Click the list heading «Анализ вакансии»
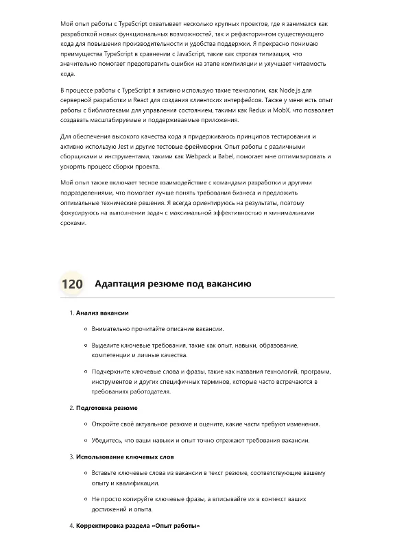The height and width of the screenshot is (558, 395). tap(102, 313)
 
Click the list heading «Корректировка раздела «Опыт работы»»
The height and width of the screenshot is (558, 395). tap(138, 525)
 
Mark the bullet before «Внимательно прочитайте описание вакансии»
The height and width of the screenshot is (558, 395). tap(85, 329)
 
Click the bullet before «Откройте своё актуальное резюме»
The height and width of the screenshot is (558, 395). tap(85, 424)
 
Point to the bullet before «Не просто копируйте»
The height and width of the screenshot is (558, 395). tap(85, 499)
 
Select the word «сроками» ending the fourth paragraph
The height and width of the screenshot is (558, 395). tap(73, 222)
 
